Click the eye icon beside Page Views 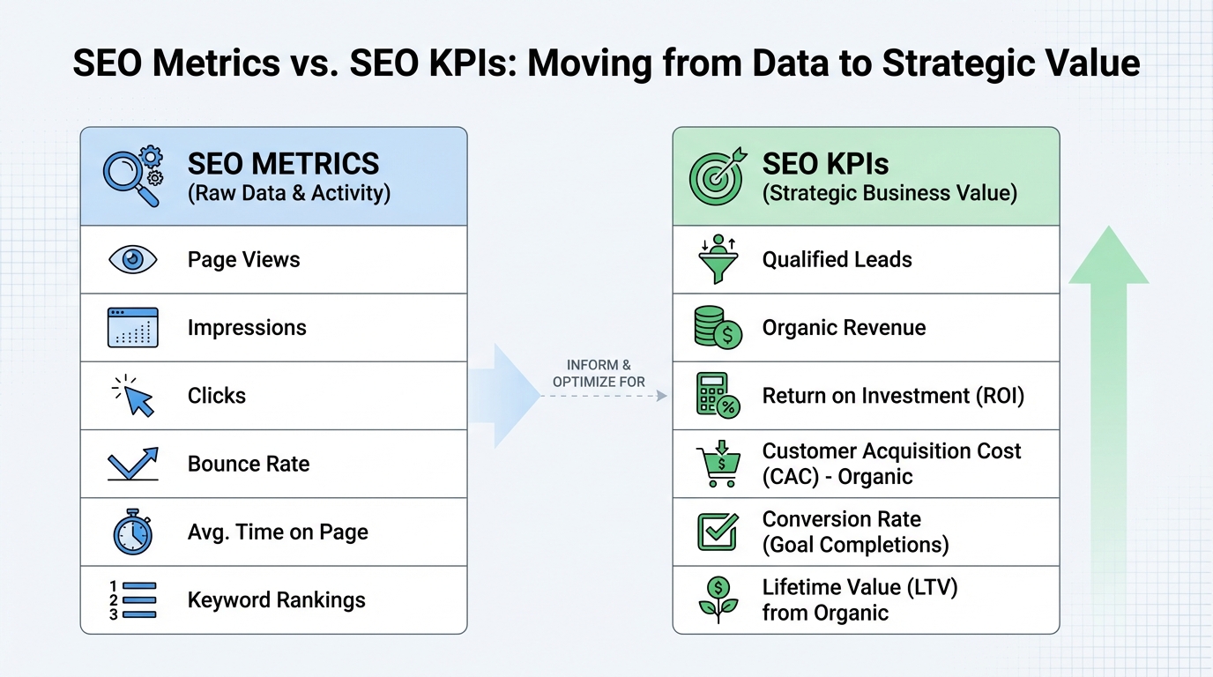[x=132, y=259]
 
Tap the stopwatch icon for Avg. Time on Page [x=132, y=532]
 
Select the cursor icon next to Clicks [x=134, y=396]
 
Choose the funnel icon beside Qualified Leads [x=717, y=259]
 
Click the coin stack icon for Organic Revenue [x=717, y=328]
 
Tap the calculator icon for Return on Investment [x=717, y=396]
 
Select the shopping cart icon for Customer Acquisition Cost [x=717, y=464]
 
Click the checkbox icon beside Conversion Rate [x=717, y=532]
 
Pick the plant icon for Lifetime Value [x=717, y=599]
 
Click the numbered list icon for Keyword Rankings [x=132, y=600]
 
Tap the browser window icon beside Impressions [x=132, y=328]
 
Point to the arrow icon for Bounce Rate [x=132, y=464]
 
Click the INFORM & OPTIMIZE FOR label [x=599, y=374]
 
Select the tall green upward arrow [x=1108, y=397]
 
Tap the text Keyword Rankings [x=276, y=600]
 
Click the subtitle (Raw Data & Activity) [x=288, y=193]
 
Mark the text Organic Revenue [x=844, y=328]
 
